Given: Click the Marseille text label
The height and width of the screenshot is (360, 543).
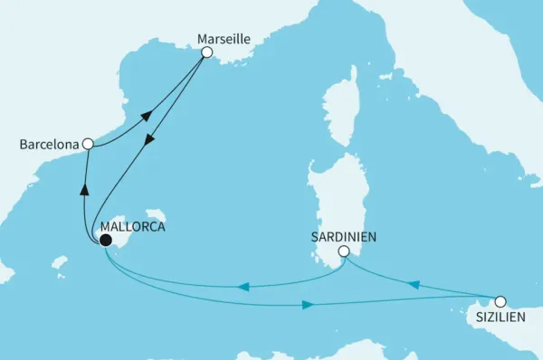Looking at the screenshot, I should coord(223,39).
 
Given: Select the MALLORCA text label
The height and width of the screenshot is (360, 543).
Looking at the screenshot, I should coord(133,227).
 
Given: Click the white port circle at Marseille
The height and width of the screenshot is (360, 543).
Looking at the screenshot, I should coord(206,52).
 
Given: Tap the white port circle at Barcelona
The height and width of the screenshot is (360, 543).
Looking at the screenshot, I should coord(87,143).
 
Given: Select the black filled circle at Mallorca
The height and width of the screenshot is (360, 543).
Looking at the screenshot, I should coord(106,241).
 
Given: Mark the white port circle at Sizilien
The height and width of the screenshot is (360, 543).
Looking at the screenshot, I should coord(500,301).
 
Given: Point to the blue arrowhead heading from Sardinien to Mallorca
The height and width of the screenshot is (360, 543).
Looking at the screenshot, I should coord(243,288).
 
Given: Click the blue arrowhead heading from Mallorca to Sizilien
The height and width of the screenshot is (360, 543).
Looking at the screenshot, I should coord(308,305).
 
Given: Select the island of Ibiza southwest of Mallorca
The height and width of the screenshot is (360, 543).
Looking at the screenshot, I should coord(61,262).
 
